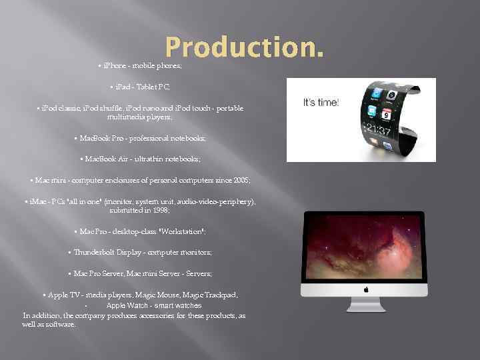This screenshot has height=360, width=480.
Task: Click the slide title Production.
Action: pyautogui.click(x=245, y=47)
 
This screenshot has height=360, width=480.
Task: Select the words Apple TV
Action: pyautogui.click(x=62, y=295)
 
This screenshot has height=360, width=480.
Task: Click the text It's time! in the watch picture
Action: pyautogui.click(x=321, y=103)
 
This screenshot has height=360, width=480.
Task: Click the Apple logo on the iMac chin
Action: pyautogui.click(x=365, y=289)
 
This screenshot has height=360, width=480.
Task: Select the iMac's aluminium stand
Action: pyautogui.click(x=365, y=304)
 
